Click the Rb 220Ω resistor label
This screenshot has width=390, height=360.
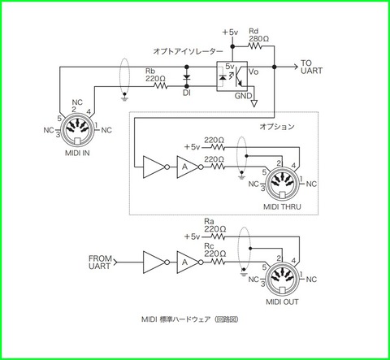coord(155,76)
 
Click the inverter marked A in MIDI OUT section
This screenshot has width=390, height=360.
coord(186,262)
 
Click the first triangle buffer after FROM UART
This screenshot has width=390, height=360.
coord(152,262)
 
